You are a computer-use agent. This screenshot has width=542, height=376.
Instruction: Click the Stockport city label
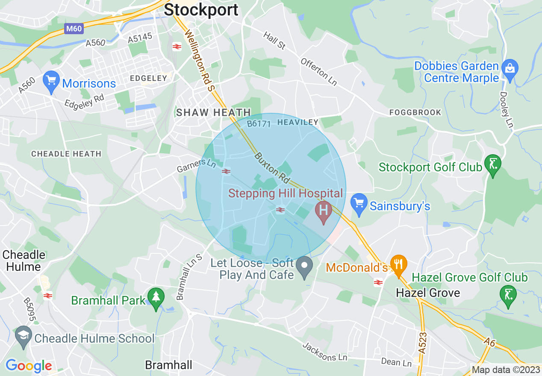pos(201,9)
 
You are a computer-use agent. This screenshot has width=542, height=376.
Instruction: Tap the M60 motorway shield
pos(74,29)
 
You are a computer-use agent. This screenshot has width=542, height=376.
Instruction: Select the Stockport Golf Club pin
pos(493,164)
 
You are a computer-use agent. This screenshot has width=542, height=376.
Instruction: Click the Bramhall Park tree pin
pos(156,297)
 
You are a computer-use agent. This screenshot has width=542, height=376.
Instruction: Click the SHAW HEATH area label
pos(214,113)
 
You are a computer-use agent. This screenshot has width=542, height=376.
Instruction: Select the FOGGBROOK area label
pos(415,112)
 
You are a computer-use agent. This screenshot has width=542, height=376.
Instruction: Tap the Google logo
pos(29,366)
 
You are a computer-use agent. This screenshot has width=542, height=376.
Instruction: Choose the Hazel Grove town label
pos(428,293)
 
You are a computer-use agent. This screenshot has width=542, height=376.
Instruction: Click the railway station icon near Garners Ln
pos(226,171)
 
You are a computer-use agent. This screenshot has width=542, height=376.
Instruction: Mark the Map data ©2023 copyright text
pos(505,370)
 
